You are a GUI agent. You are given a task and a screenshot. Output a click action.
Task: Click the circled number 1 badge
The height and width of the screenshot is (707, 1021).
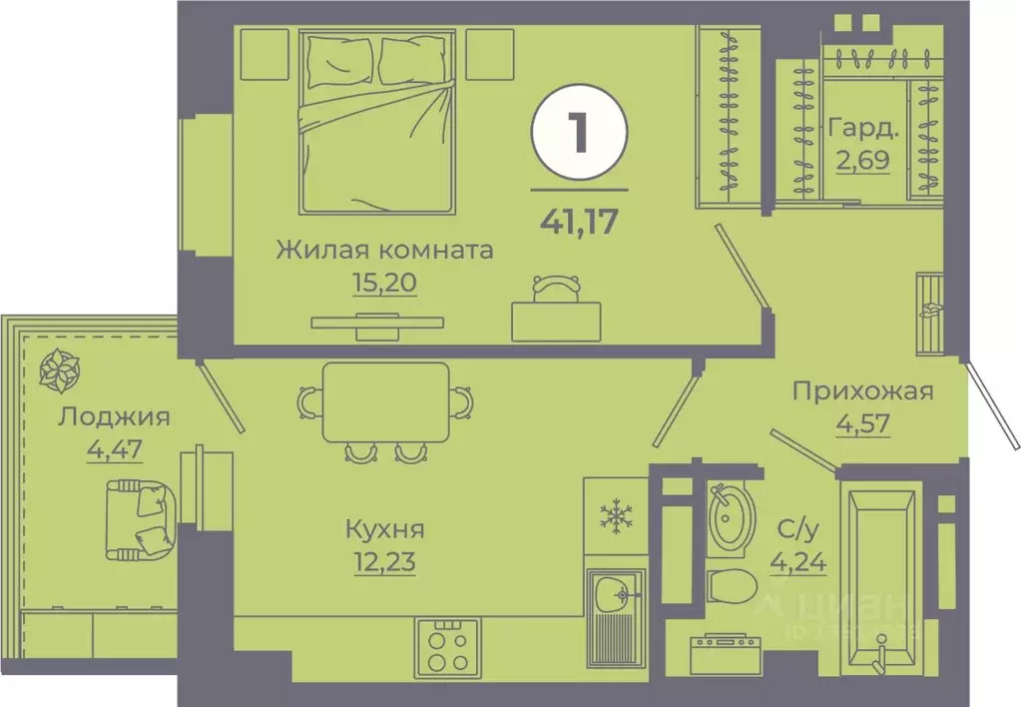[579, 137]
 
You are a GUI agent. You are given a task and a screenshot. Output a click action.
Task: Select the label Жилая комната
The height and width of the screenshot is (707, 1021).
[384, 249]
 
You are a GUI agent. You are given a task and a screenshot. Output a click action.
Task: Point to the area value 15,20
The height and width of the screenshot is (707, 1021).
[383, 282]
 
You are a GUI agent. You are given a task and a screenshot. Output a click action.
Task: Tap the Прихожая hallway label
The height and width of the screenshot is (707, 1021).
[862, 390]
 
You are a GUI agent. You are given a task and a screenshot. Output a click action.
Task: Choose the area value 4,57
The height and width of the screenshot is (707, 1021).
[861, 422]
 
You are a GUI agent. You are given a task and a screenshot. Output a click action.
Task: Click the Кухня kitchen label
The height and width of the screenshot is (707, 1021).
[385, 527]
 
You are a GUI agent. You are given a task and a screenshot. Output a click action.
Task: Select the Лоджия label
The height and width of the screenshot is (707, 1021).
[113, 416]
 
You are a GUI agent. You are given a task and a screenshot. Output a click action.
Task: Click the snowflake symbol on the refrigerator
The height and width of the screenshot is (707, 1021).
[617, 516]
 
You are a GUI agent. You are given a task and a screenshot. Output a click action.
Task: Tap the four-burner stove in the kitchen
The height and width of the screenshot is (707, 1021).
[447, 646]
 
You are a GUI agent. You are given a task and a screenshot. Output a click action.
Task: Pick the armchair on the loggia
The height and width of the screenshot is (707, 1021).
[141, 517]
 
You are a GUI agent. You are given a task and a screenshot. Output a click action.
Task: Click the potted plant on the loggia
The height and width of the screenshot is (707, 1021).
[58, 370]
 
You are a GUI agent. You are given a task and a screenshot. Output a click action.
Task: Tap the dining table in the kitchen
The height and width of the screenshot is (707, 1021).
[385, 402]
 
